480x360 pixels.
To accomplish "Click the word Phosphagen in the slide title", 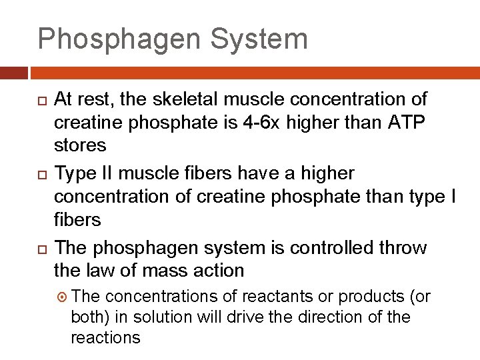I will (x=118, y=39).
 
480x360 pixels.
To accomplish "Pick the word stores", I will (x=80, y=145).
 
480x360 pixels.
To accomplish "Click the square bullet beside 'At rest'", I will (x=41, y=101).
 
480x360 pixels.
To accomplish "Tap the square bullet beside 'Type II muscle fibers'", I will (x=41, y=175).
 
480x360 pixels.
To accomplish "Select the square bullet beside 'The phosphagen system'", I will (x=41, y=249).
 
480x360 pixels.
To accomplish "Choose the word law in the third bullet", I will (x=95, y=270).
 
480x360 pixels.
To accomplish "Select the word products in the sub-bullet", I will (x=371, y=296).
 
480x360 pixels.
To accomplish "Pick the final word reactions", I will (x=105, y=337).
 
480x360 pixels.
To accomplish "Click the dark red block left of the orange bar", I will (x=13, y=72).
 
